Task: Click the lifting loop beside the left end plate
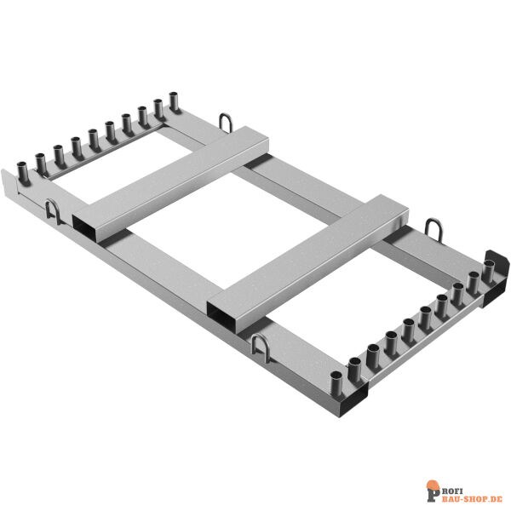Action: click(52, 211)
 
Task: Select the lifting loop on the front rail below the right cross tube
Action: click(260, 348)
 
